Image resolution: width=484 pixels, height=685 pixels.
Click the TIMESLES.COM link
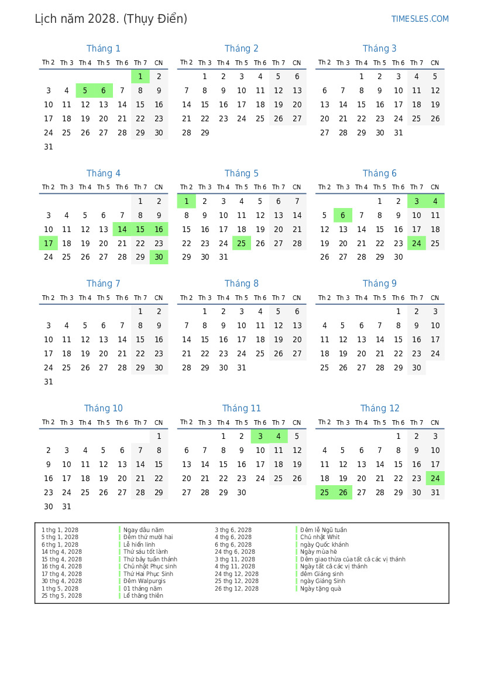[x=420, y=19]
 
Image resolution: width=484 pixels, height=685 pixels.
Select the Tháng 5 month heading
[x=241, y=173]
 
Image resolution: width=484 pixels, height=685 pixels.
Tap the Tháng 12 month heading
[x=380, y=408]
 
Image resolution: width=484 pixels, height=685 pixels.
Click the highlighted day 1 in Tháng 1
[x=140, y=76]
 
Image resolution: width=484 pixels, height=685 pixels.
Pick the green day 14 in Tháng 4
[x=122, y=229]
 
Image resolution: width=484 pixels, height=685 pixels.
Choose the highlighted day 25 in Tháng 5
[x=242, y=243]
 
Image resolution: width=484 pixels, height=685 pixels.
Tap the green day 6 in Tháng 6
[x=343, y=215]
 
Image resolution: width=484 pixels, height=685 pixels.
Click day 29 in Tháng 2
[x=205, y=132]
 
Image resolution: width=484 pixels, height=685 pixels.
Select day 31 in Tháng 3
[x=399, y=132]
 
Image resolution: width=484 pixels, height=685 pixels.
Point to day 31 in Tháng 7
[x=49, y=381]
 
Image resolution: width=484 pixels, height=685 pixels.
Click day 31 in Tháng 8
[x=242, y=367]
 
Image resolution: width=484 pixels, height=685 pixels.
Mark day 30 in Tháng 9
[x=417, y=367]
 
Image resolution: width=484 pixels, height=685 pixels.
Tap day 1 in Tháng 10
[x=159, y=436]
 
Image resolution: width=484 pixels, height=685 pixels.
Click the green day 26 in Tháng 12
[x=343, y=492]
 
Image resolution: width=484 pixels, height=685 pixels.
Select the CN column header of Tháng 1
[x=159, y=63]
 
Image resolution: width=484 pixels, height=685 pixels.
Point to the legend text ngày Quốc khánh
[x=324, y=544]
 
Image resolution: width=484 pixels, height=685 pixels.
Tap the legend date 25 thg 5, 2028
[x=61, y=596]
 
